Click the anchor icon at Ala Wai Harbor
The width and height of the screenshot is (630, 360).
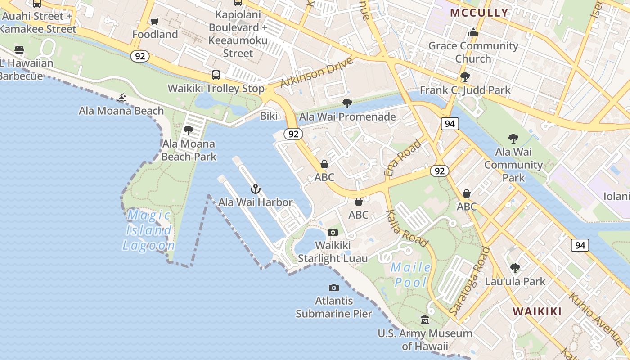point(256,189)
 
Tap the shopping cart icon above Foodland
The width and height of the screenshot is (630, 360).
point(155,21)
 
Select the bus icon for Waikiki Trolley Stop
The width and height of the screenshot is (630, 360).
point(216,75)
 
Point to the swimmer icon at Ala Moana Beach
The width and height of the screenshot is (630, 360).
point(121,98)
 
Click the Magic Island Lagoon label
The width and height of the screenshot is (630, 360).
point(148,230)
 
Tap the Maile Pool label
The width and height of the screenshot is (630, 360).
point(410,274)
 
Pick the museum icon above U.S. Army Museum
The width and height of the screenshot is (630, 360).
point(425,320)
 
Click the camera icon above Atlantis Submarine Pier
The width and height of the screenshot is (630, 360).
point(334,288)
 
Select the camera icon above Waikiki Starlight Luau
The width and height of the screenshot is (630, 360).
point(333,232)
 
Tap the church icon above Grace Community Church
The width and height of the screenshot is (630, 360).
point(473,32)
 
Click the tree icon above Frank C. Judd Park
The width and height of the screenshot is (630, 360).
point(465,76)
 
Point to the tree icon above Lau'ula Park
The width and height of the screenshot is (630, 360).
point(515,268)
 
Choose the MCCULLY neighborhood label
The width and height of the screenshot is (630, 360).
point(479,13)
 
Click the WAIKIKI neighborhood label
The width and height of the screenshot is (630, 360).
point(537,311)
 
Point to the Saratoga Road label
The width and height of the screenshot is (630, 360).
point(470,281)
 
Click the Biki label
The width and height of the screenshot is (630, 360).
point(269,116)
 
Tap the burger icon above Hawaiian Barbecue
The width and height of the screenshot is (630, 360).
point(19,49)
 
